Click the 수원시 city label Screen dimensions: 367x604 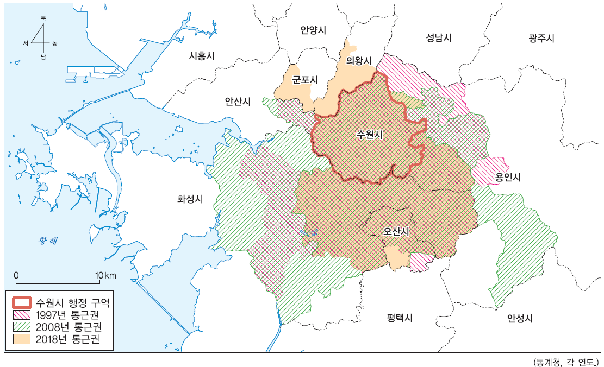coord(370,135)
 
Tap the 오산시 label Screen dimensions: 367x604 coord(396,231)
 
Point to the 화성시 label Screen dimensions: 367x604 coord(190,199)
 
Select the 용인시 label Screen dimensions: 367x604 coord(508,178)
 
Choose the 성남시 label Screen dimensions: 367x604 coord(439,37)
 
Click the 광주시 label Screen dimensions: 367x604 coord(541,38)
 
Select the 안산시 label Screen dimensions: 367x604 coord(238,101)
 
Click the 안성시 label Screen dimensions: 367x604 coord(520,318)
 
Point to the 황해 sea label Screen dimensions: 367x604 coord(48,241)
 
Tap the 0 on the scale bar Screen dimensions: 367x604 coord(16,275)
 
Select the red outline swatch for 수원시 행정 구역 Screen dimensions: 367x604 coord(22,302)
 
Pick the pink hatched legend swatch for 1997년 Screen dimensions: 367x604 coord(22,315)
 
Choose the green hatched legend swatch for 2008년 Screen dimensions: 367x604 coord(22,327)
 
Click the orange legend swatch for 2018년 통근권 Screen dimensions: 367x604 coord(22,340)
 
